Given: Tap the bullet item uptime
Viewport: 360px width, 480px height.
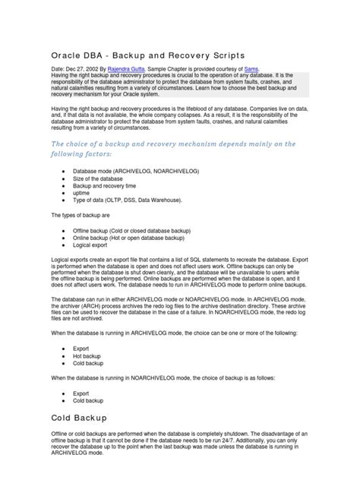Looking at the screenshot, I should (82, 193).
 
